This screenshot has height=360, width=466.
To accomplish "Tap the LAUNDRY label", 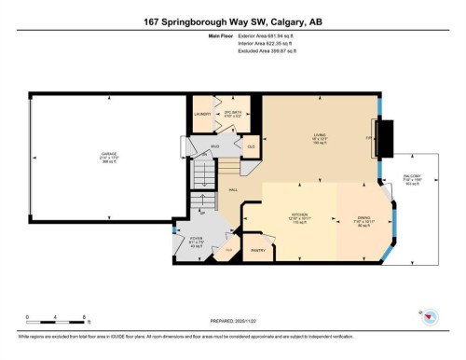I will point(203,114).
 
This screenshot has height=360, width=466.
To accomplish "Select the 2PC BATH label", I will point(234,114).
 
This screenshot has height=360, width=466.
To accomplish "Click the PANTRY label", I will point(258,249).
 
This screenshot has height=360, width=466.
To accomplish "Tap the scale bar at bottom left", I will point(56,320).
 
